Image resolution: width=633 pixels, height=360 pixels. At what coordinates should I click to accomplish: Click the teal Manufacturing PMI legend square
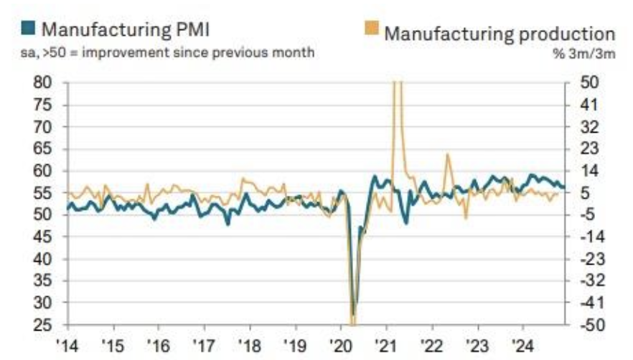28,29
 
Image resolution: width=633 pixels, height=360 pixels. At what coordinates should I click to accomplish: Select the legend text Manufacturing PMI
125,29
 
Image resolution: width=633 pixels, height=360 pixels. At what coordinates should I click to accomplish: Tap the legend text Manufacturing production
500,34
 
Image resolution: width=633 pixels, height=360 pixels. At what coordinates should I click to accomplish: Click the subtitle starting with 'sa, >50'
168,53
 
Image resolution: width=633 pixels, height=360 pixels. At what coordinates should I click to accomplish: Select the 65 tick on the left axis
42,148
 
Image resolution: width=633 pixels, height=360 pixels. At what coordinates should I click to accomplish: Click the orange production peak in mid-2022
447,154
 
